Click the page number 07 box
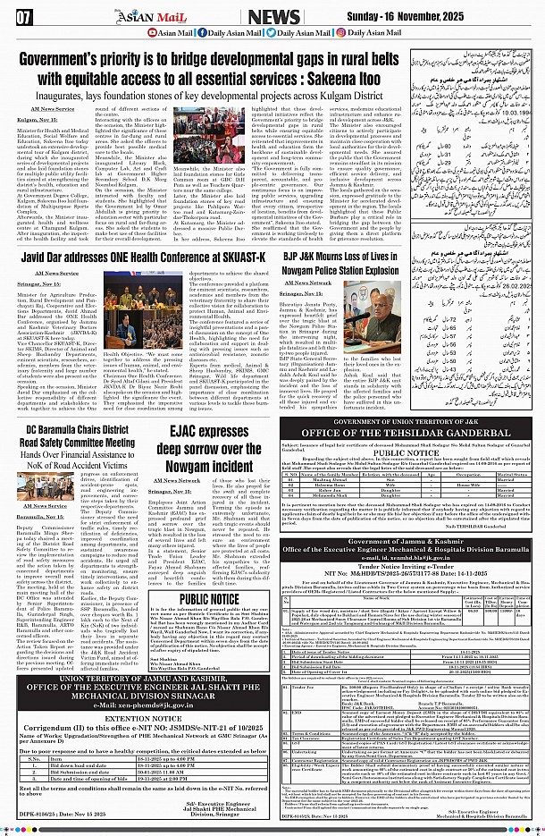[24, 15]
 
